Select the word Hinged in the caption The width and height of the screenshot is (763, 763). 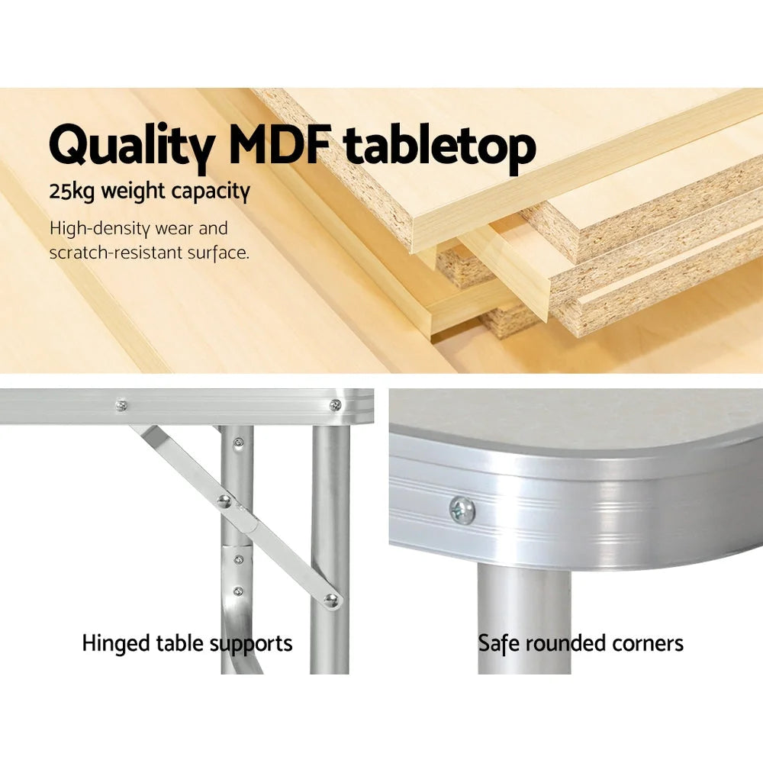[x=111, y=643]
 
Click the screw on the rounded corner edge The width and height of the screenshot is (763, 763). [x=462, y=510]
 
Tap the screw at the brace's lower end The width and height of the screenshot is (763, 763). [x=330, y=600]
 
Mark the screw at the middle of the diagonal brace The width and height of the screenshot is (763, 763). [x=224, y=501]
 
